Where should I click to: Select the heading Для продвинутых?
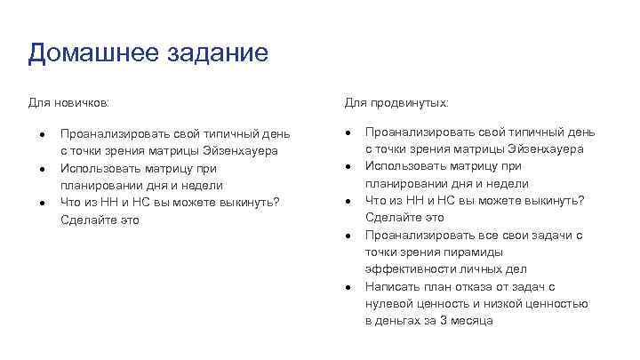pos(397,103)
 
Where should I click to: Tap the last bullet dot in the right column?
pos(348,287)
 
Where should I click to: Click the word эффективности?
pos(405,269)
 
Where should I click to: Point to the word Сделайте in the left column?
pos(86,220)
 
